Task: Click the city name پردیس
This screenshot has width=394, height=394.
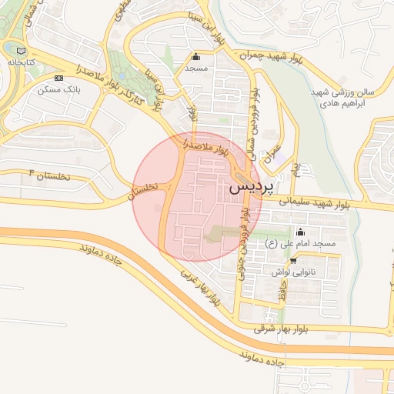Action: (x=251, y=187)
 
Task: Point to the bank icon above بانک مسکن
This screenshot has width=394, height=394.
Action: (x=59, y=78)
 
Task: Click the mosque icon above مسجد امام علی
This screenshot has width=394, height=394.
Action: (x=301, y=232)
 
